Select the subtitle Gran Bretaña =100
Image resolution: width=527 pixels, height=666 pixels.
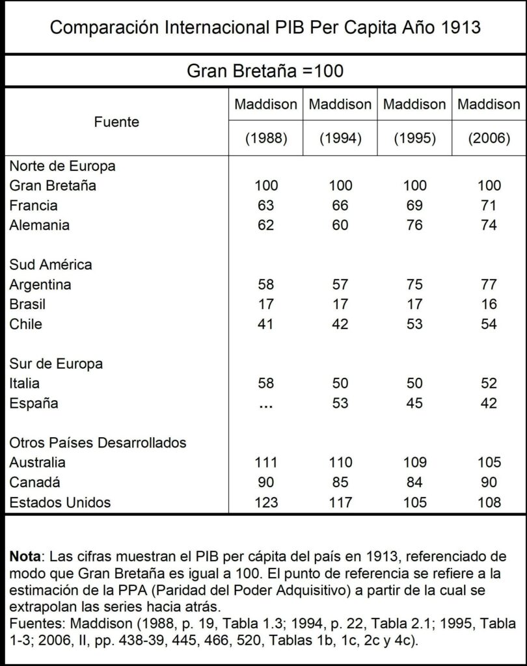point(265,71)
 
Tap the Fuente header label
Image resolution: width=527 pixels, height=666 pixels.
point(116,122)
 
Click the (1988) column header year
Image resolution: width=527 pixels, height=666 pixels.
point(265,139)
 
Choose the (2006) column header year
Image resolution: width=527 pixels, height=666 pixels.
point(489,139)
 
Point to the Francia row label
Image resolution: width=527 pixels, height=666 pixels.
point(33,206)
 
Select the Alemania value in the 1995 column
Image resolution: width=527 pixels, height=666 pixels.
point(414,226)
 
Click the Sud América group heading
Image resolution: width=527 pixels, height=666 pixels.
point(50,265)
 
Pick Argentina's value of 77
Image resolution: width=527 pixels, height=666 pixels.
point(489,285)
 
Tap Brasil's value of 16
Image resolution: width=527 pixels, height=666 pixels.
point(489,304)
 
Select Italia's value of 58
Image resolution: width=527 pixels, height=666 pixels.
point(265,383)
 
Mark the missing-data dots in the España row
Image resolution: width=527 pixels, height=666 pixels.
point(265,404)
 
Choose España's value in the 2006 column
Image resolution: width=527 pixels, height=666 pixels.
point(489,403)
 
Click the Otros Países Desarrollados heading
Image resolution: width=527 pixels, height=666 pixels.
point(98,443)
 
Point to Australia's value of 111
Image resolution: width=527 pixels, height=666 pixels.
point(265,463)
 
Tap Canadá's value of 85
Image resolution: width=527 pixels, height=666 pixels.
point(340,483)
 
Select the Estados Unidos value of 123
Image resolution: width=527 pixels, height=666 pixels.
point(265,502)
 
